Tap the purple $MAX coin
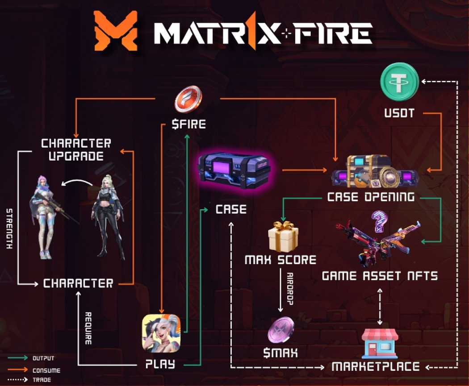(281, 331)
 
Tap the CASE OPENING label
(371, 197)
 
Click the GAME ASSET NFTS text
(380, 276)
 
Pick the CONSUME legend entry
(46, 370)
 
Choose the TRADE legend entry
(42, 380)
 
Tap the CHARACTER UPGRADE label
(76, 149)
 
